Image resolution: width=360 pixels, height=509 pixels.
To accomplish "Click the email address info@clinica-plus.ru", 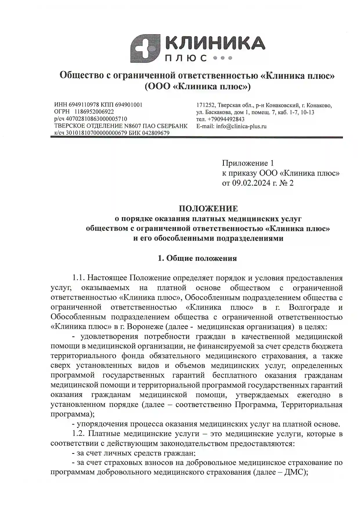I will [241, 126].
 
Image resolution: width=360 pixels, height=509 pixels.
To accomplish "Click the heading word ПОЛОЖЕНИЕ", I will [208, 208].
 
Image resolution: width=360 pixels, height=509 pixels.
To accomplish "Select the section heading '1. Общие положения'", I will [197, 258].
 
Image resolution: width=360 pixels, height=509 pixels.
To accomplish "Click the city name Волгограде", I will [309, 307].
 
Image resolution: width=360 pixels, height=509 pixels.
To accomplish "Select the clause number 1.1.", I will [78, 278].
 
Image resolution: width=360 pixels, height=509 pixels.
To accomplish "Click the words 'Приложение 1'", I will [248, 163].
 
